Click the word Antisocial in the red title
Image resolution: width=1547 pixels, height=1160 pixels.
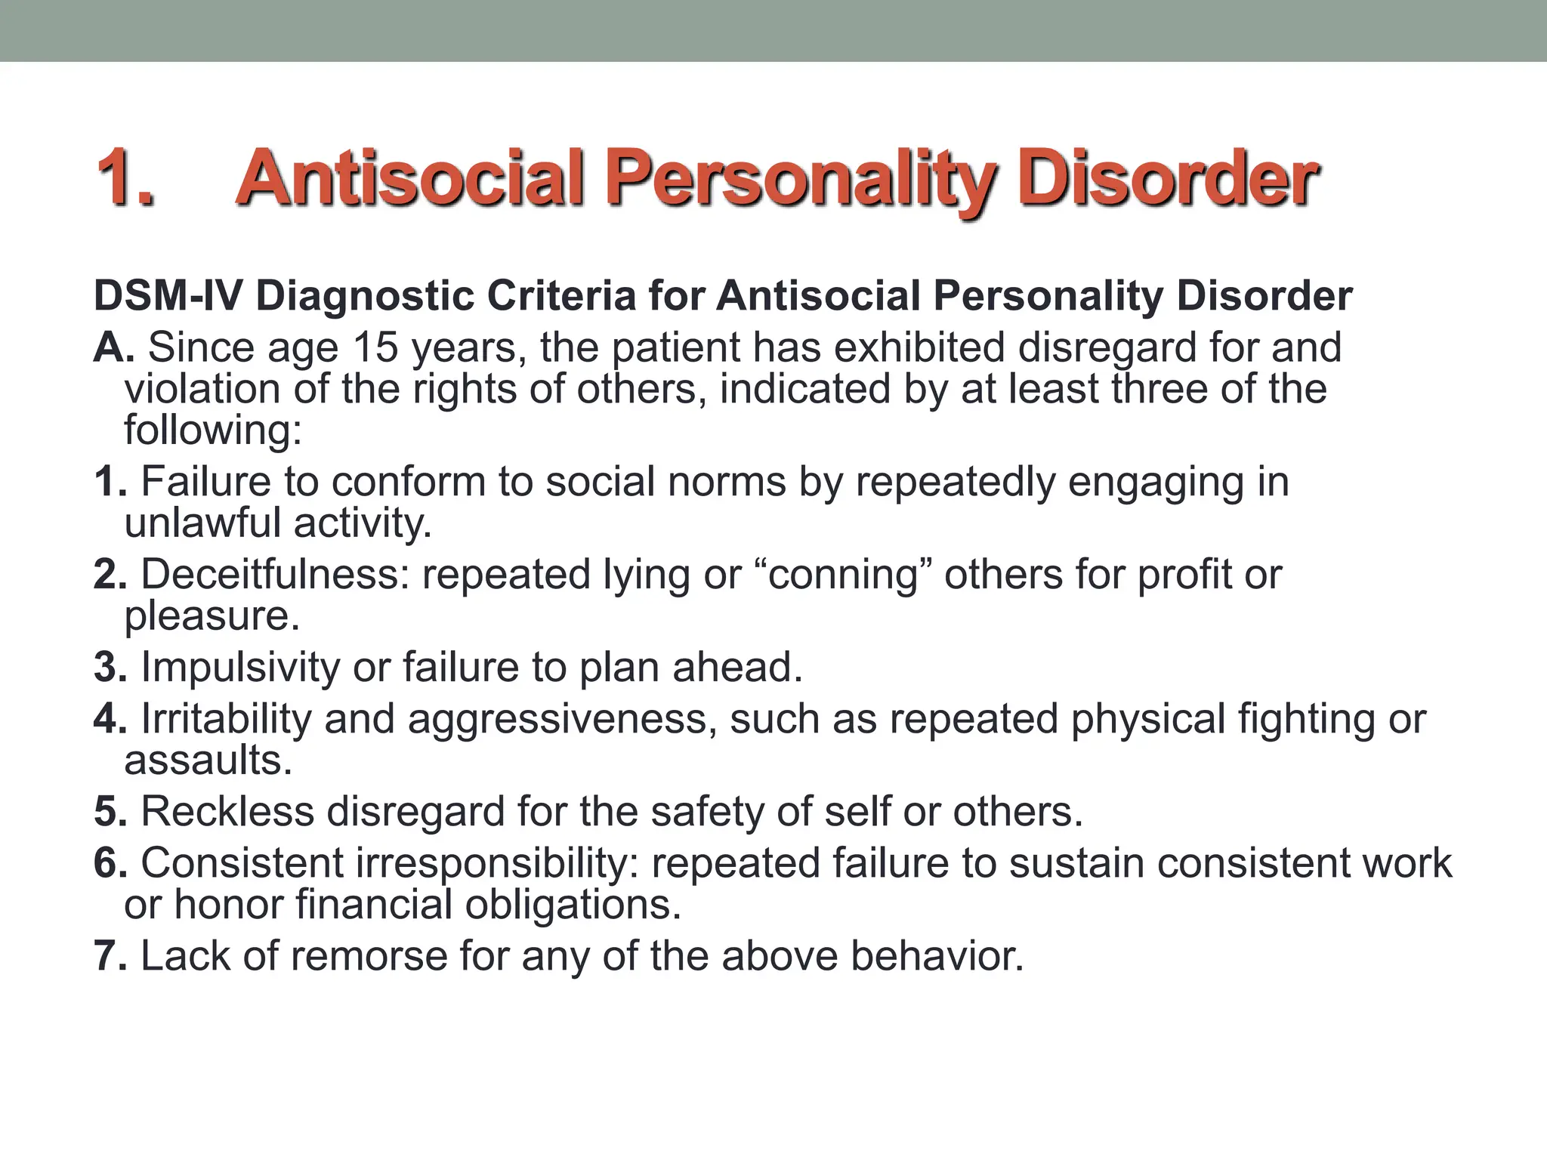coord(412,178)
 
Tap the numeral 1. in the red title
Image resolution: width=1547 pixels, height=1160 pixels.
coord(125,178)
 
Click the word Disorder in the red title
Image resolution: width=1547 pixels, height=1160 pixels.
coord(1168,178)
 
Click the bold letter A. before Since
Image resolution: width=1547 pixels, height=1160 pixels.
coord(114,347)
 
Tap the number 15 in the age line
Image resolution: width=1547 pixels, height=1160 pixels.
coord(375,347)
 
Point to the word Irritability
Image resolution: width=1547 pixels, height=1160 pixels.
coord(226,719)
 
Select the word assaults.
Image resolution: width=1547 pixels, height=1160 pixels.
coord(208,760)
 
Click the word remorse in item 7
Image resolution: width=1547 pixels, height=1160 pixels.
coord(369,956)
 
